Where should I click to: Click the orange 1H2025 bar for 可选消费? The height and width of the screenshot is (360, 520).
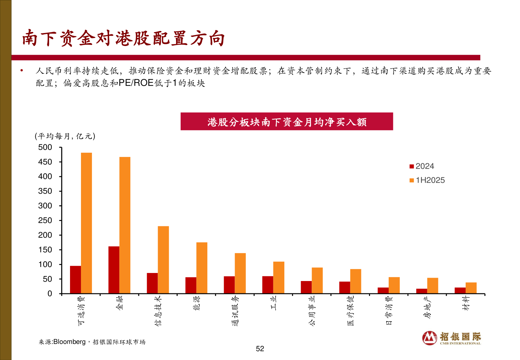[86, 223]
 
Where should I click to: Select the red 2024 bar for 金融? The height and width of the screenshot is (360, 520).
[114, 270]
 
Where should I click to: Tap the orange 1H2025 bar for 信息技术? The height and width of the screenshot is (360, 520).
[163, 260]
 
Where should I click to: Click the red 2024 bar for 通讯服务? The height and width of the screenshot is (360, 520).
[229, 285]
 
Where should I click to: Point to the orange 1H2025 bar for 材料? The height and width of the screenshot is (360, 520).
[471, 288]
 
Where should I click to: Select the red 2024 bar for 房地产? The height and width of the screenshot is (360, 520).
[422, 291]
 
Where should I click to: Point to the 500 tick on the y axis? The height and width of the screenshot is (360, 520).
[45, 147]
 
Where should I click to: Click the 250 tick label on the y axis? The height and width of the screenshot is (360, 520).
[45, 220]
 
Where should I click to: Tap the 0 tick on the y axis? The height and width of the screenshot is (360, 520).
[50, 294]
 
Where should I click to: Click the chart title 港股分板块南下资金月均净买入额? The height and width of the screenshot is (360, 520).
[287, 122]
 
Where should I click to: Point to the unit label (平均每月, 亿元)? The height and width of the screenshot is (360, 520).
[65, 136]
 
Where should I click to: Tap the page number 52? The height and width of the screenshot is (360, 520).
[260, 349]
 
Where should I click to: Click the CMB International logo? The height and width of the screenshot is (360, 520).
[451, 338]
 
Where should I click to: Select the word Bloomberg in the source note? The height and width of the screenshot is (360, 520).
[69, 342]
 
